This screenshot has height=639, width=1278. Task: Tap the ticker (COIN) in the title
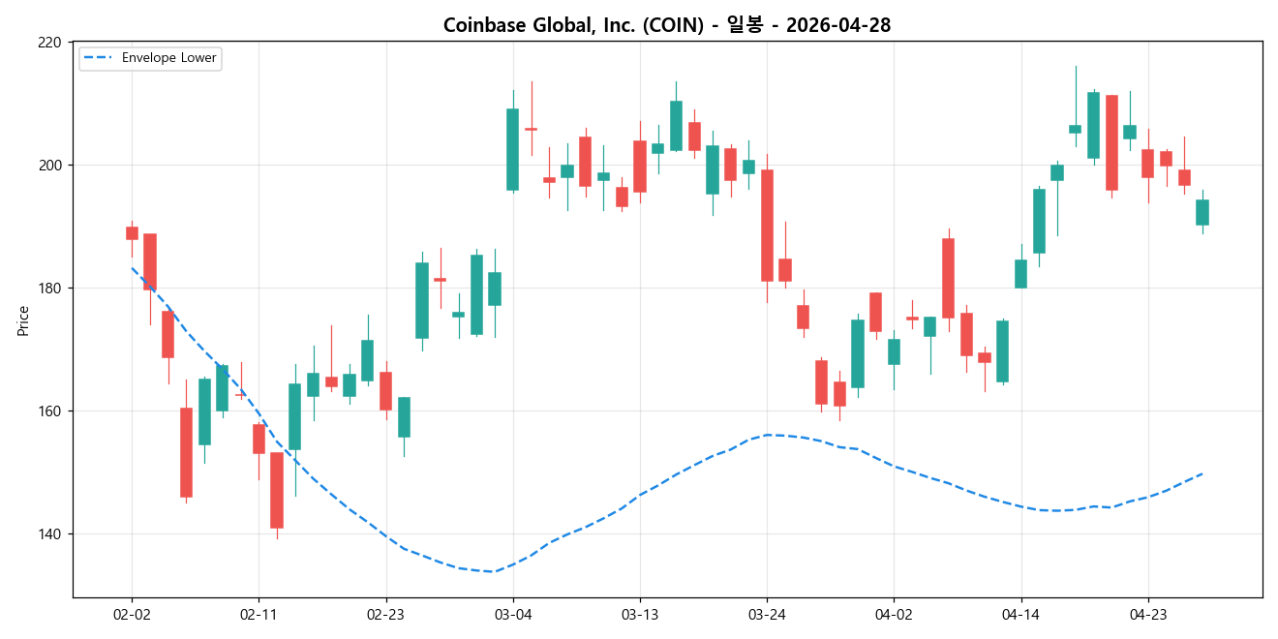670,25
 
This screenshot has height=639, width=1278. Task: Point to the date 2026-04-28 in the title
838,25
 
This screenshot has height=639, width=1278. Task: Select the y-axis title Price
22,320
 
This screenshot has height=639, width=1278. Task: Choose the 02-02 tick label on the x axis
132,614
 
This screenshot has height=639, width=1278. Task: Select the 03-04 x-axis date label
513,614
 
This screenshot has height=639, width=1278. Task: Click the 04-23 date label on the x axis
1147,614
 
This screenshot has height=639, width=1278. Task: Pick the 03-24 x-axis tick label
767,614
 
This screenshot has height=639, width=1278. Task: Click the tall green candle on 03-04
513,149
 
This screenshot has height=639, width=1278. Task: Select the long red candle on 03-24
767,226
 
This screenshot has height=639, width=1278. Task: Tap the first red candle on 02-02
132,233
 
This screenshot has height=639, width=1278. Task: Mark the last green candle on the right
1202,212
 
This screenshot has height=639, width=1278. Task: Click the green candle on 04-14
1020,274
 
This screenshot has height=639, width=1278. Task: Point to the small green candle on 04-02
894,351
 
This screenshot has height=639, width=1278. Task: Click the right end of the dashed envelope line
1202,473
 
